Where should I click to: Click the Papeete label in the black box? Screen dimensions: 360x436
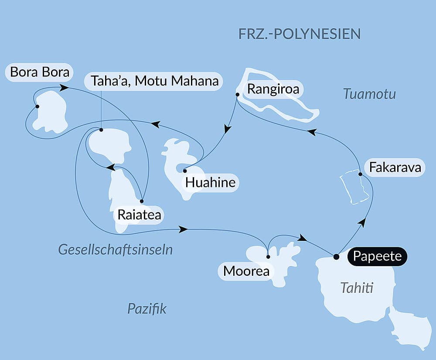click(x=377, y=256)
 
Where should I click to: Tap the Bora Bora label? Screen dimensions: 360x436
click(x=40, y=72)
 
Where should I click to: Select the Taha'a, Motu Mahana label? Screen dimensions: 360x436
click(x=155, y=81)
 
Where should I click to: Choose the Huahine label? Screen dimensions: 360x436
click(x=210, y=182)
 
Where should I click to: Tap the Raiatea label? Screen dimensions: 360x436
click(x=139, y=215)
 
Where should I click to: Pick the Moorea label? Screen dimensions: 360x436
click(x=246, y=271)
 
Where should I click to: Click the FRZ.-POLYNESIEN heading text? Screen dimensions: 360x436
click(x=300, y=34)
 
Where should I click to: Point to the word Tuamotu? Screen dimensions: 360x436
click(x=369, y=94)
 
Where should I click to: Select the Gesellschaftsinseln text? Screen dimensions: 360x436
click(x=116, y=250)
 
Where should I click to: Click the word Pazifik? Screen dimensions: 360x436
click(x=147, y=309)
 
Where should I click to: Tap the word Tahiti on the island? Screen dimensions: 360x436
click(x=357, y=288)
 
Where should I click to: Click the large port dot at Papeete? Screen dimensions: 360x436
click(x=336, y=257)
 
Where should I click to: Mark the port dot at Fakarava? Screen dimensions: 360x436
click(x=360, y=175)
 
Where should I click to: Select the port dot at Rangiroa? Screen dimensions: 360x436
click(x=237, y=94)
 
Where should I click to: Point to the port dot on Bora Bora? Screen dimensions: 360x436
click(x=37, y=106)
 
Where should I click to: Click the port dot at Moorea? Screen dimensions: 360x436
click(x=268, y=257)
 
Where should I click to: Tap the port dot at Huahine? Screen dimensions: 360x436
click(x=185, y=171)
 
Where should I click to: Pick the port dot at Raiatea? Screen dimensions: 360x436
click(x=142, y=201)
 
